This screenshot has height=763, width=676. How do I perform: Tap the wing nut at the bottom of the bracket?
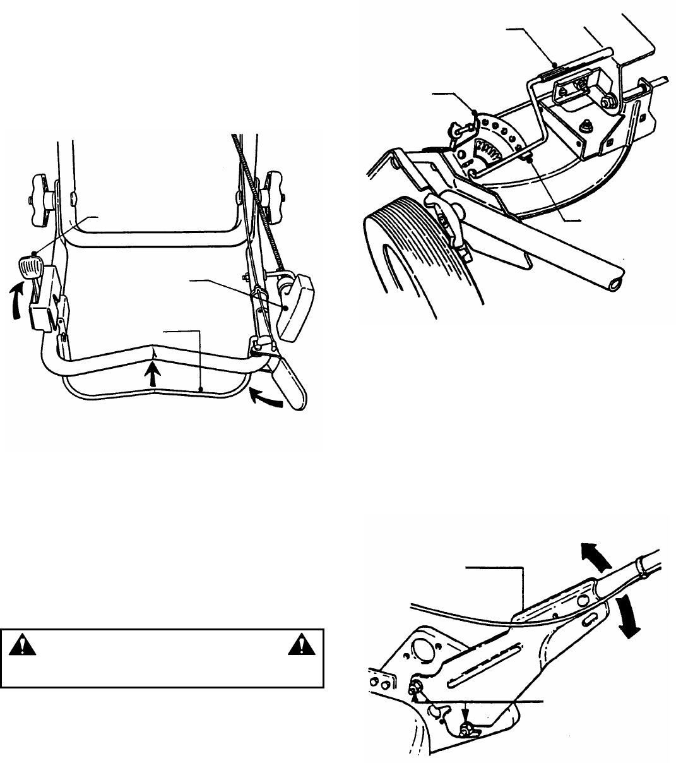[469, 731]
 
